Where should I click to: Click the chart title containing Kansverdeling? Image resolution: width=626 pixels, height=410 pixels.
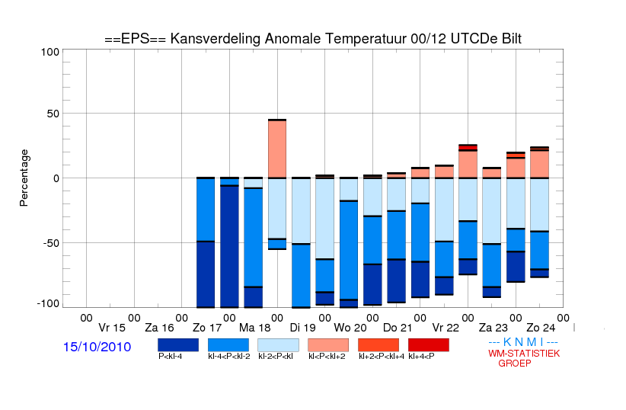click(x=313, y=39)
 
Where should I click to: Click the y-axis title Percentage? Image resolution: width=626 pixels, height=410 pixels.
click(x=24, y=178)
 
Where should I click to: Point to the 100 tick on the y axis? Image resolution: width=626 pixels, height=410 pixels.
click(x=50, y=52)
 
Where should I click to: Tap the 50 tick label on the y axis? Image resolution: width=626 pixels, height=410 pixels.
click(x=53, y=114)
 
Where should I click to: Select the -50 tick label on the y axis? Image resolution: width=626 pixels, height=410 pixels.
click(x=50, y=243)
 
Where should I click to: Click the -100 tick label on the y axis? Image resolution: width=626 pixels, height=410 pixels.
click(x=48, y=304)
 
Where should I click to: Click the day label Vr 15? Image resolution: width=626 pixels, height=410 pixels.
click(x=112, y=328)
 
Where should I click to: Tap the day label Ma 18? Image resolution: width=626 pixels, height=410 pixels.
click(x=254, y=328)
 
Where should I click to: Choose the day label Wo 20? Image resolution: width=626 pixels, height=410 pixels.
click(x=350, y=328)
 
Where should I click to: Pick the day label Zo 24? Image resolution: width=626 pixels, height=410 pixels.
click(x=541, y=328)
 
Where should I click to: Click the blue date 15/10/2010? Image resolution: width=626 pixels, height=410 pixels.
click(x=97, y=347)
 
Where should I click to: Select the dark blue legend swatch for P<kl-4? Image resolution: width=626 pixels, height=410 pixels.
click(x=178, y=345)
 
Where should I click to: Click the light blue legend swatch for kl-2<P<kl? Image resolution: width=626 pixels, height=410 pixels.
click(x=278, y=345)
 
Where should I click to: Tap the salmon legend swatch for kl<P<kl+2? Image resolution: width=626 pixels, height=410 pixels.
click(x=328, y=345)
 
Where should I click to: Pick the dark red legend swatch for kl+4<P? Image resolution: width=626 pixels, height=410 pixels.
click(x=429, y=345)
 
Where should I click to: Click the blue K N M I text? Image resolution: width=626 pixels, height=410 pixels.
click(x=523, y=342)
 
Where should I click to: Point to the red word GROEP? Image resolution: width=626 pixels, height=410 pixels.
click(x=515, y=364)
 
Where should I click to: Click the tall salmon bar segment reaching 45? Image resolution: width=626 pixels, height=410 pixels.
click(x=277, y=149)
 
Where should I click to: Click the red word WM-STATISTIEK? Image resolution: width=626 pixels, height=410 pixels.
click(x=524, y=354)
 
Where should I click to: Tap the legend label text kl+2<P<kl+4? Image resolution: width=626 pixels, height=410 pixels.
click(x=382, y=356)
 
